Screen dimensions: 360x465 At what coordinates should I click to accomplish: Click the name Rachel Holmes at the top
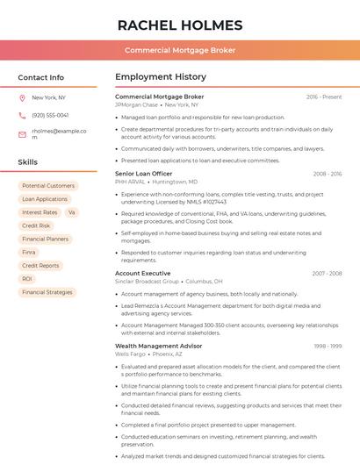point(180,25)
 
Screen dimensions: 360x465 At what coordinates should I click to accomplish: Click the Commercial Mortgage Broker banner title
point(180,50)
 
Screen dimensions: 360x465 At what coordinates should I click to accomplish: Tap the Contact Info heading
point(40,77)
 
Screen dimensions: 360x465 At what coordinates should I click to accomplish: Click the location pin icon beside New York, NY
point(22,97)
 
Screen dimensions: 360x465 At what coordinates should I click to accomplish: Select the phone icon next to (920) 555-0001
point(22,115)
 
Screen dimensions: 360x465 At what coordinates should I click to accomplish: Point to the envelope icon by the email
point(22,134)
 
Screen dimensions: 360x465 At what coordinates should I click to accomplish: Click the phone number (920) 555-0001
point(49,115)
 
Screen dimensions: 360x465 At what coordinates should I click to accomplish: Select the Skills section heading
point(28,162)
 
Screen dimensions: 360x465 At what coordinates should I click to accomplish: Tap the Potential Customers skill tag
point(48,186)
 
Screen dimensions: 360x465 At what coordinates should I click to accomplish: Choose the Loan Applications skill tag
point(45,199)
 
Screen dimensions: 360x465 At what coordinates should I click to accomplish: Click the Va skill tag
point(71,212)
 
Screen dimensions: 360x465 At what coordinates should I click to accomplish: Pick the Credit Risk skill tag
point(36,225)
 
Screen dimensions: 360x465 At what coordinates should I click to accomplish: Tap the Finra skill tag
point(29,252)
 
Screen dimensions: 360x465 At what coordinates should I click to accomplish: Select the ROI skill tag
point(27,279)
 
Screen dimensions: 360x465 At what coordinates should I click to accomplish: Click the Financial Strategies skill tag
point(47,292)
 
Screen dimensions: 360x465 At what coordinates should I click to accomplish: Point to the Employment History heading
point(161,77)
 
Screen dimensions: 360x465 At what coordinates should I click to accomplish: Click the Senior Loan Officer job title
point(144,174)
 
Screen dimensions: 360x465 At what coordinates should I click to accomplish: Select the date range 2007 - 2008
point(327,273)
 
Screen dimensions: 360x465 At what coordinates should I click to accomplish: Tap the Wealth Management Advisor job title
point(159,347)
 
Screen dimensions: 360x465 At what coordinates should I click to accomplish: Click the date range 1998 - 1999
point(327,347)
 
